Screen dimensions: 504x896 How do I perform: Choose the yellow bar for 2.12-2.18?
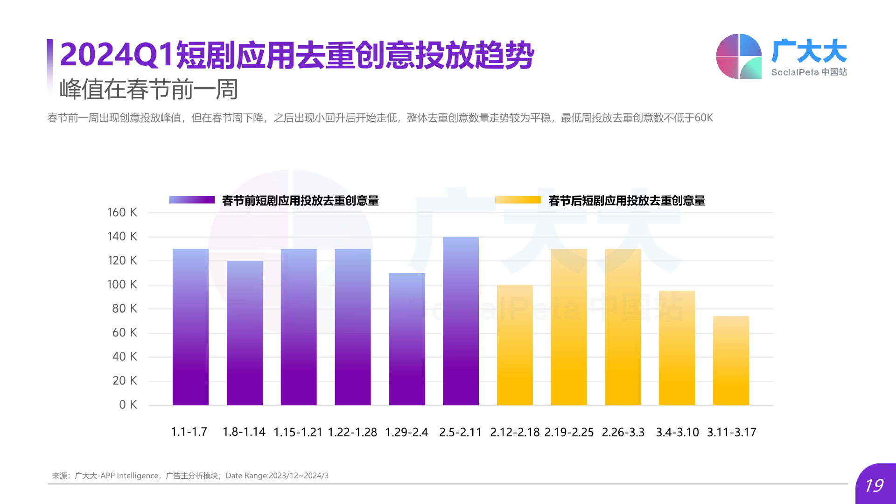point(515,345)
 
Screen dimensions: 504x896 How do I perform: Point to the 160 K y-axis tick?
point(122,212)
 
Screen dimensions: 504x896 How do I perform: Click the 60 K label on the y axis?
point(124,332)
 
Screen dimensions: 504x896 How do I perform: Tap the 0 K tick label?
point(128,404)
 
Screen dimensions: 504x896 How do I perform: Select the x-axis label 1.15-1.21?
point(298,432)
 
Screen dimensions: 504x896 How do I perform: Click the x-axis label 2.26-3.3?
point(623,432)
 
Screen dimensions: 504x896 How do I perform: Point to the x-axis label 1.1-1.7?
point(189,432)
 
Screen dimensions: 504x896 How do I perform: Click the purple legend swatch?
point(192,200)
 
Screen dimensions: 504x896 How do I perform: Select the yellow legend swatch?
point(518,200)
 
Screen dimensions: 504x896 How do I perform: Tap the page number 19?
point(874,486)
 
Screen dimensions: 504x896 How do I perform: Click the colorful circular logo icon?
point(739,56)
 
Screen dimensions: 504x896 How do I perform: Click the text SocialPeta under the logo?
point(795,72)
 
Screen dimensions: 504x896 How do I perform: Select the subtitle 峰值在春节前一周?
point(149,89)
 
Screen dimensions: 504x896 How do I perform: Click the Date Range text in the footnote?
point(277,476)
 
